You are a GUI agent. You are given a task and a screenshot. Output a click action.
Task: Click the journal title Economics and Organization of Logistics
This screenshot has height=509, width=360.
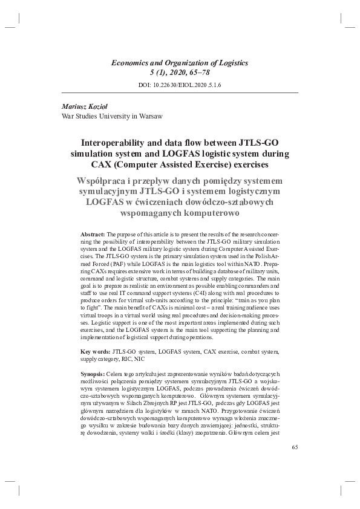(180, 62)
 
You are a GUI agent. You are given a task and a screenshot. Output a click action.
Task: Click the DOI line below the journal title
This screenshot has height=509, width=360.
(180, 85)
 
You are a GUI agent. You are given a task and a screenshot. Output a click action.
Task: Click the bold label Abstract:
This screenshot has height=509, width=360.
(93, 233)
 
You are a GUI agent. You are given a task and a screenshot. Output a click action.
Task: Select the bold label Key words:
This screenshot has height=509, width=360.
(96, 351)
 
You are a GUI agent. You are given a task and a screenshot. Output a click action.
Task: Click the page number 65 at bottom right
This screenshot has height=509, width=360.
(295, 447)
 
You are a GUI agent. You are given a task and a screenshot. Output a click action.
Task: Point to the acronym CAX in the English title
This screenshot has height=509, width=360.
(104, 164)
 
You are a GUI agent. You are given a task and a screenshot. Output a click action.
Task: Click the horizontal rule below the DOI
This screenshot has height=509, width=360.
(180, 92)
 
